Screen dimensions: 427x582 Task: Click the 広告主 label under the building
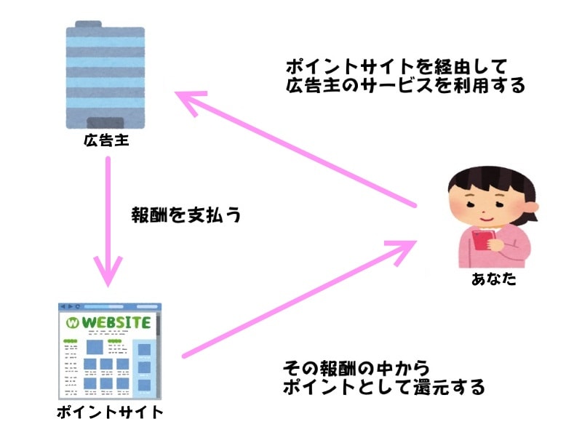coord(106,140)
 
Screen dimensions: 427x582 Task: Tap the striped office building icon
coord(106,73)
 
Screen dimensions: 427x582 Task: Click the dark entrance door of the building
coord(106,121)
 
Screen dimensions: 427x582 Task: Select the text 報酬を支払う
coord(186,215)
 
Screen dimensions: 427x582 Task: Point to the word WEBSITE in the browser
coord(116,322)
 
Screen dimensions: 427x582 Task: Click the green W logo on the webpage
coord(72,322)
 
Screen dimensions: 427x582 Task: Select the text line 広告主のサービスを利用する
coord(404,87)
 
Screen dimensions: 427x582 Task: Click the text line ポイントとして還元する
coord(383,388)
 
